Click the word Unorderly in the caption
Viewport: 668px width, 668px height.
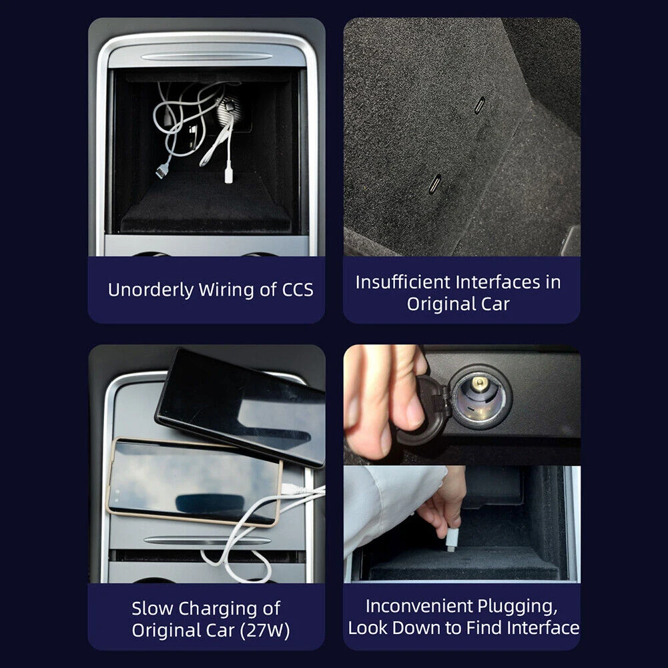click(x=151, y=290)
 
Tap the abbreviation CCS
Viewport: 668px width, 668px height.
click(x=298, y=290)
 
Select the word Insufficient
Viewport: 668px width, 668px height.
click(x=402, y=282)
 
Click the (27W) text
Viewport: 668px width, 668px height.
click(x=265, y=631)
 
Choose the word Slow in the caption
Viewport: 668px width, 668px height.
click(x=153, y=609)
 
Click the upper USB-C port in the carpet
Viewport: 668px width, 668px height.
click(x=480, y=105)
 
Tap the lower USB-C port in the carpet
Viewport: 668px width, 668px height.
click(x=435, y=184)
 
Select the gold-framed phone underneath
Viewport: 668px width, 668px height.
click(x=193, y=481)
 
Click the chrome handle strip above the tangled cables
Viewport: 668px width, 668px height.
click(x=207, y=57)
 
